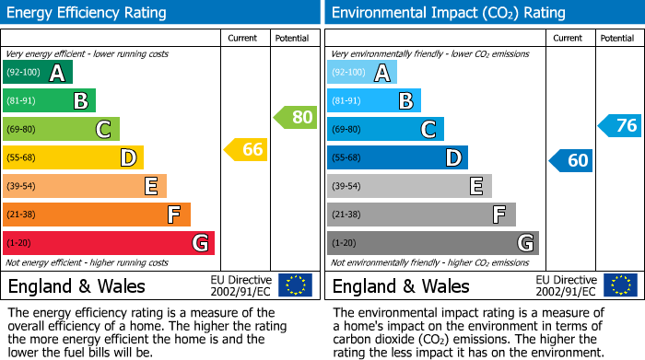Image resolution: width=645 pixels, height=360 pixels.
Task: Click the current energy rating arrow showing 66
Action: [246, 149]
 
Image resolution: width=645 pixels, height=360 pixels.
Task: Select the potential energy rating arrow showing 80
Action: [295, 117]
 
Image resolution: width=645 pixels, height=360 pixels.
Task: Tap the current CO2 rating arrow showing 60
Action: [570, 160]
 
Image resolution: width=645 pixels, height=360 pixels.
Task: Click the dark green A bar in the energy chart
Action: [37, 73]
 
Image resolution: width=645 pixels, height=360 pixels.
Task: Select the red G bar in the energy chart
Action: [108, 243]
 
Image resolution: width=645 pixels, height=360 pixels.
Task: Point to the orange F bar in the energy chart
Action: [96, 215]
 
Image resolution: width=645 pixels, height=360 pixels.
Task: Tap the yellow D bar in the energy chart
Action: [73, 157]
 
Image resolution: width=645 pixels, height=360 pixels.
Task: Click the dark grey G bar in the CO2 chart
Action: [432, 243]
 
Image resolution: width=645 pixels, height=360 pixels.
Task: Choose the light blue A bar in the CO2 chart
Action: [361, 73]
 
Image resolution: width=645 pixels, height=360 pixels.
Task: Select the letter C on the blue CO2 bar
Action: [428, 130]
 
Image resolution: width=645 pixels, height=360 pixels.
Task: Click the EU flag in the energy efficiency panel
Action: [295, 285]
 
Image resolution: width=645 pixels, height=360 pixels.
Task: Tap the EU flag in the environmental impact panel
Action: [619, 285]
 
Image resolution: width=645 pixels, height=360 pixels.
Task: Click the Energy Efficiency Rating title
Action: [88, 13]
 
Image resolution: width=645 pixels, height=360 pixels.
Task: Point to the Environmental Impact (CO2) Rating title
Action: [448, 13]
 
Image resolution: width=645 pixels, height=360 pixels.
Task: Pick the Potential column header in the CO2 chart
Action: [617, 38]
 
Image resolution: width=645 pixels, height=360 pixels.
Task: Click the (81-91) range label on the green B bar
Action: [21, 101]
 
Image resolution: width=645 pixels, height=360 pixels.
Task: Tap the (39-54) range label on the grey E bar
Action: [346, 187]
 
